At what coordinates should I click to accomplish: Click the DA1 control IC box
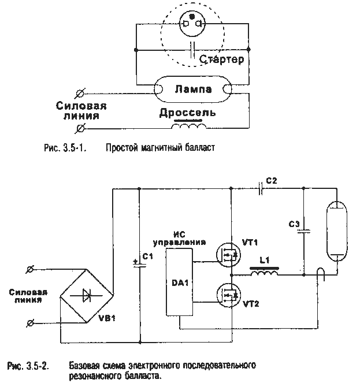pyautogui.click(x=178, y=282)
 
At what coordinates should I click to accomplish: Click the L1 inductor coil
pyautogui.click(x=263, y=273)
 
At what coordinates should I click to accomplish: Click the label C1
pyautogui.click(x=148, y=256)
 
